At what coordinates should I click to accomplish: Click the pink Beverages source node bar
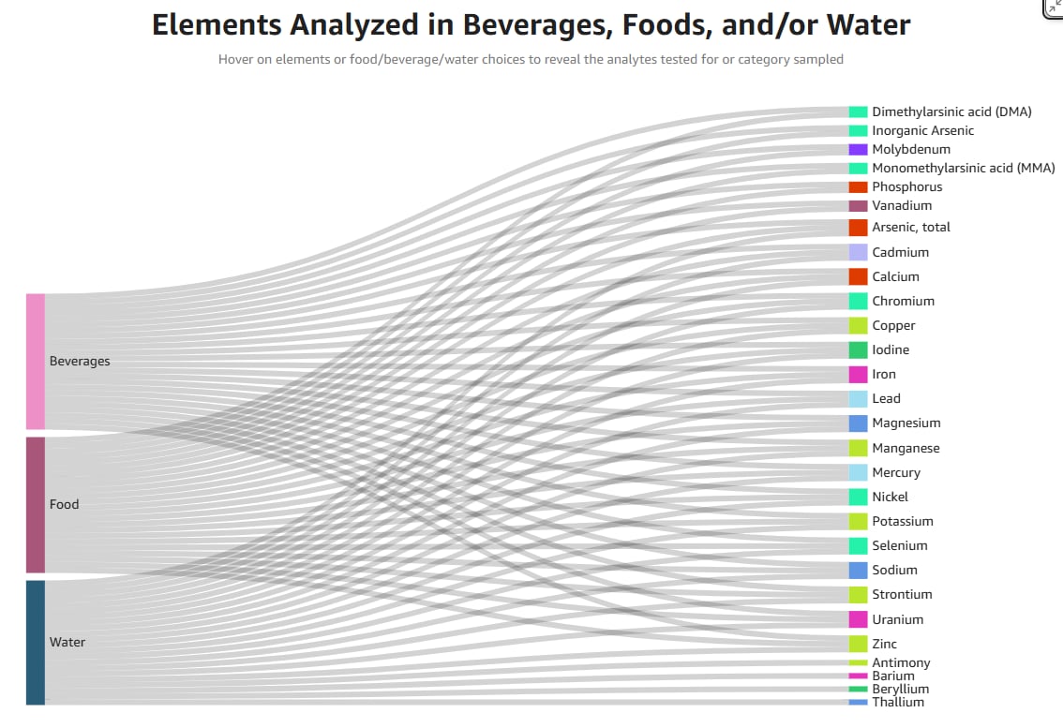(x=36, y=361)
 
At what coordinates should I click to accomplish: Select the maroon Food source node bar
(x=36, y=504)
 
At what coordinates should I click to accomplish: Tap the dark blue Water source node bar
(x=36, y=642)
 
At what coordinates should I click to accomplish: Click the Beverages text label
(x=80, y=362)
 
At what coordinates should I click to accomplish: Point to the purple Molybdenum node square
(x=858, y=149)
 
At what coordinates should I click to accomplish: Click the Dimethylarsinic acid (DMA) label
(x=951, y=111)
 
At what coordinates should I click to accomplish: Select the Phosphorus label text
(x=906, y=186)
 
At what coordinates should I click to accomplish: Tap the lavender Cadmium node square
(x=858, y=252)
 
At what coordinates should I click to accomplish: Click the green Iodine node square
(x=858, y=349)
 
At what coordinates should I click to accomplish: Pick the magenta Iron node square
(x=858, y=374)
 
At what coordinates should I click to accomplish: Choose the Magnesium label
(x=906, y=423)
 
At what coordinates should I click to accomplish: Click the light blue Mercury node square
(x=858, y=472)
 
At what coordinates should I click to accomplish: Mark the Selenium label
(x=899, y=545)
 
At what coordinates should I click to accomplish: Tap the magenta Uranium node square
(x=858, y=619)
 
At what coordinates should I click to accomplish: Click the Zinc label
(x=884, y=644)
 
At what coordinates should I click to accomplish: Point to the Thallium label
(x=897, y=702)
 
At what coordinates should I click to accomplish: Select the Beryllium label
(x=900, y=689)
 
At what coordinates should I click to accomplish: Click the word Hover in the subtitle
(x=236, y=59)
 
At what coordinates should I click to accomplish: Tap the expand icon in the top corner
(x=1054, y=7)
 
